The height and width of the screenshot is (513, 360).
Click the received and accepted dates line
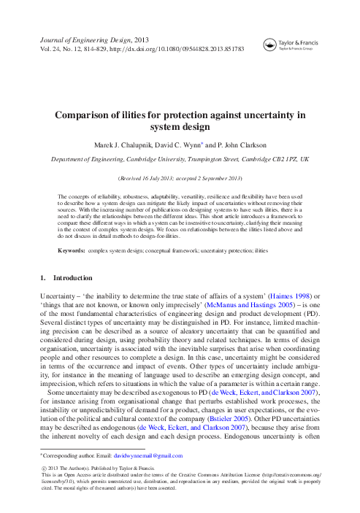(x=180, y=177)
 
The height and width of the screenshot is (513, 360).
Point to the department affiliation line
(x=180, y=158)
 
